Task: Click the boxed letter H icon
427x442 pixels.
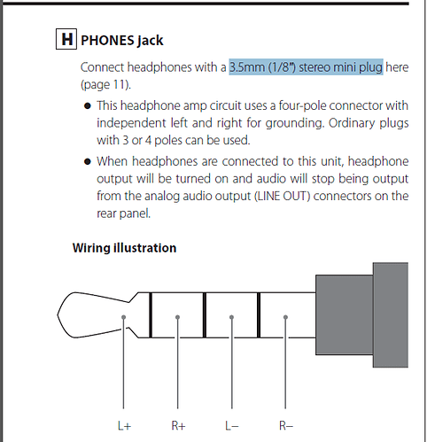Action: (66, 39)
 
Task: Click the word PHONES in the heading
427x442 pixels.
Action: (107, 41)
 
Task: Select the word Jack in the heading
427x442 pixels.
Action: (151, 41)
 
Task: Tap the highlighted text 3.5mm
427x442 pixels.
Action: (247, 67)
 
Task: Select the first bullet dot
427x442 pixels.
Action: (88, 106)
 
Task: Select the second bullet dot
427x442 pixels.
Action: (88, 161)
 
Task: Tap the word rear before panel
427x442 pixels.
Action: (106, 213)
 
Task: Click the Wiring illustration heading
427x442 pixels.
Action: (124, 248)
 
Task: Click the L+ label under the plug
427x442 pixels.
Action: (124, 426)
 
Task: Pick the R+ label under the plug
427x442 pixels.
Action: (178, 426)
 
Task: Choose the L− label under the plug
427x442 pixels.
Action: (232, 426)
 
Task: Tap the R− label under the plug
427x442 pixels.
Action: (286, 426)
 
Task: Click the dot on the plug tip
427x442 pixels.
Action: (123, 317)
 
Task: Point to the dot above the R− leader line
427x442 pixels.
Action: (285, 317)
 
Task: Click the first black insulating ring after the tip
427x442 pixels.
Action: (151, 314)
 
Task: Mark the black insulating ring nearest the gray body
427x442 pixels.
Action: (259, 314)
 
